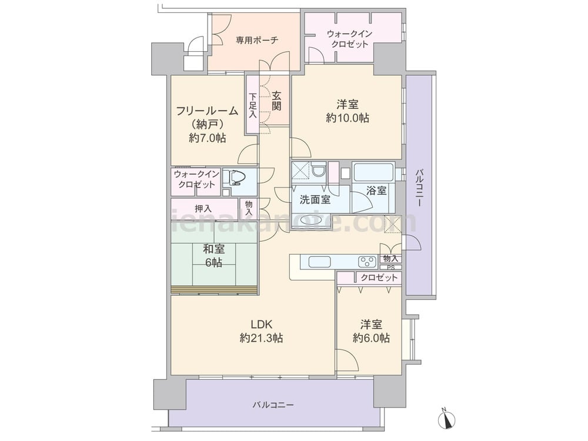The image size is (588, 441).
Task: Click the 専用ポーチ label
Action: (x=257, y=40)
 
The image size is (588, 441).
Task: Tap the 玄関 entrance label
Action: (x=276, y=101)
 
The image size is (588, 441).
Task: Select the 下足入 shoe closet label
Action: (x=252, y=105)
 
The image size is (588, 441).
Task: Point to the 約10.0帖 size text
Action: (x=348, y=118)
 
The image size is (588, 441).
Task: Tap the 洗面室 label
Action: (x=315, y=199)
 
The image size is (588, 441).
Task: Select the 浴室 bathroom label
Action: (x=376, y=191)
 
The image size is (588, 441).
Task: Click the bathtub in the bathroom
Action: (x=373, y=173)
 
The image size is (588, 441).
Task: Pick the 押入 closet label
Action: (x=203, y=208)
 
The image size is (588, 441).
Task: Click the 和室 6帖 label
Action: (x=213, y=255)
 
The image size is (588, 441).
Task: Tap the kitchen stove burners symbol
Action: (x=367, y=262)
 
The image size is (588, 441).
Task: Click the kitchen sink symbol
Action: (x=321, y=262)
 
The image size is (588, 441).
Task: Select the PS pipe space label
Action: (x=390, y=267)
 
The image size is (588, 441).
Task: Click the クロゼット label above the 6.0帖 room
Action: (x=379, y=278)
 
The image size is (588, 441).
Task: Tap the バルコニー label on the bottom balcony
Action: (x=273, y=405)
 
